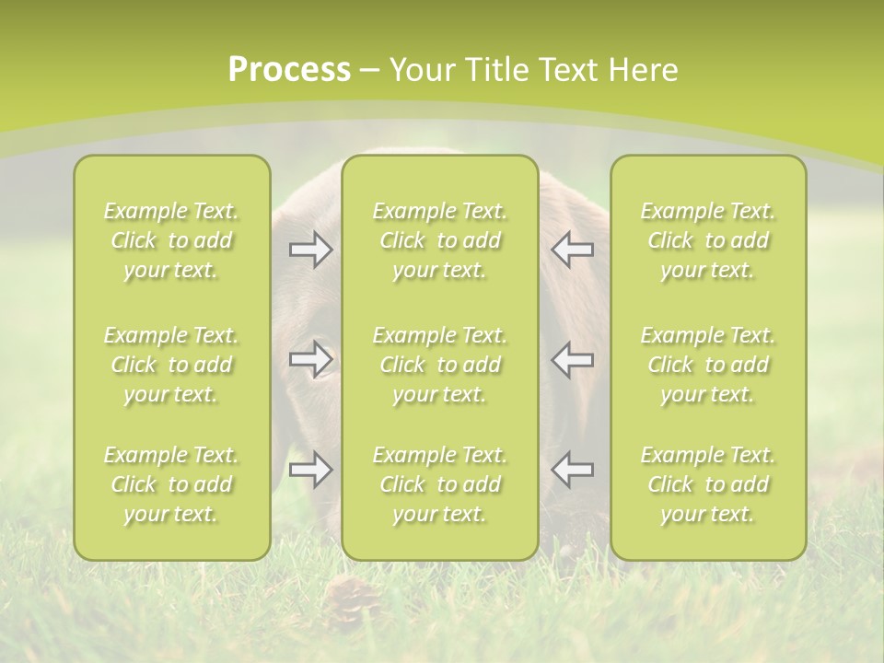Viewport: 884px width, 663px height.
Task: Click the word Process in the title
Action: tap(289, 70)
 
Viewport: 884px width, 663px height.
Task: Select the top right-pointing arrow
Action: tap(310, 250)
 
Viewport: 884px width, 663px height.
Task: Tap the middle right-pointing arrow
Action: tap(310, 359)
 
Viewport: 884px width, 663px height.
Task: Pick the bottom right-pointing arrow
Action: tap(310, 470)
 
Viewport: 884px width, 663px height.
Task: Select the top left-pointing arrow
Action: tap(572, 250)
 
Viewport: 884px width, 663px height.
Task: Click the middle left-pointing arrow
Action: tap(572, 359)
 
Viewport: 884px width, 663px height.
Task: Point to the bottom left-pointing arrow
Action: tap(572, 470)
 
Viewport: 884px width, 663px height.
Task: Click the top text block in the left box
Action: tap(171, 240)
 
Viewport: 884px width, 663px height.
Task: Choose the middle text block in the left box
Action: tap(171, 365)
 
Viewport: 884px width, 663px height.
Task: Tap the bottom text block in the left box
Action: tap(171, 484)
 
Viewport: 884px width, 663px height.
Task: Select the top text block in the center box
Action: tap(440, 240)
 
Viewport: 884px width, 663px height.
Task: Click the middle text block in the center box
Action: tap(440, 365)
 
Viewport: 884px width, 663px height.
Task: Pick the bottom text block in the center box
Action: tap(440, 484)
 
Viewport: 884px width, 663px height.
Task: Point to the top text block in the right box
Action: tap(708, 240)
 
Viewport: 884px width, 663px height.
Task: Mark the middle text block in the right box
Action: tap(708, 365)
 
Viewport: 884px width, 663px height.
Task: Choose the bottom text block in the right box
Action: tap(708, 484)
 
